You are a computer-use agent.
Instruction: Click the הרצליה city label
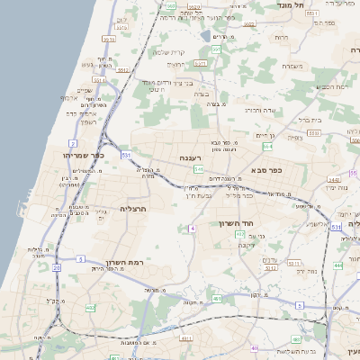coord(132,209)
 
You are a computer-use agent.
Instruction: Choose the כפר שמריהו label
coord(85,155)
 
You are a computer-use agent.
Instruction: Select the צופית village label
coord(294,139)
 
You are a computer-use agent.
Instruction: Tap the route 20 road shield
coord(56,267)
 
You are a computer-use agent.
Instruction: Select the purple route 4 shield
coord(192,229)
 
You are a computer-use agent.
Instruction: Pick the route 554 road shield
coord(243,144)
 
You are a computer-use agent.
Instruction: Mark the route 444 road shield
coord(337,265)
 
